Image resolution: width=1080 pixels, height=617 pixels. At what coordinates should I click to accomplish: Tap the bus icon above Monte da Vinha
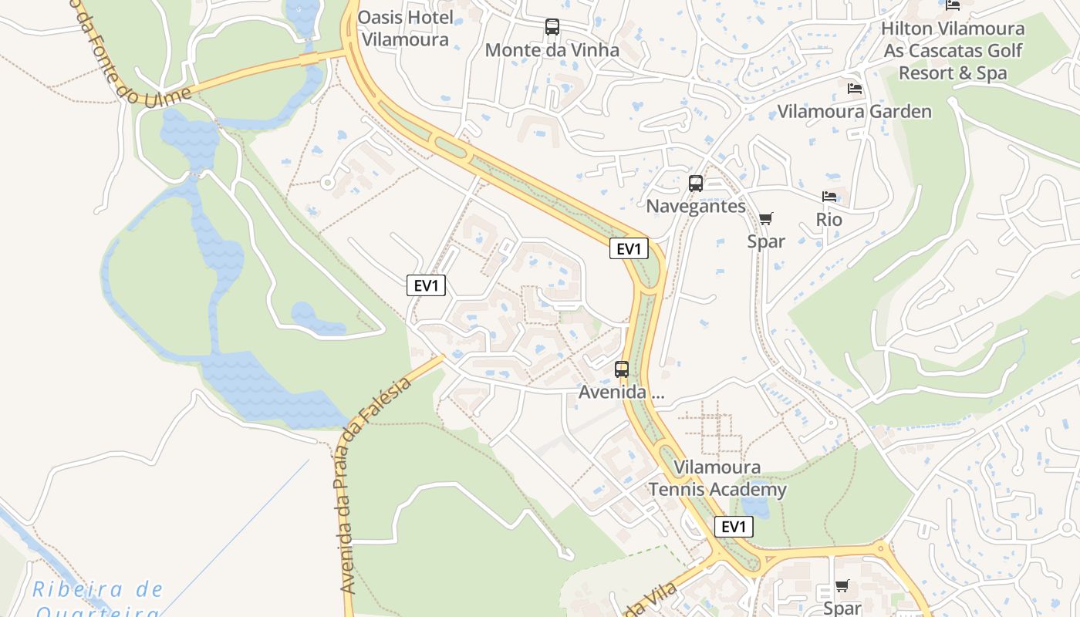[x=552, y=27]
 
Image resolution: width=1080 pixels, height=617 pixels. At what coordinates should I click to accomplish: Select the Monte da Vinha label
[x=552, y=50]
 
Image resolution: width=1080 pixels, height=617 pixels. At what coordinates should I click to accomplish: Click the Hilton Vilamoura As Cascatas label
[x=953, y=51]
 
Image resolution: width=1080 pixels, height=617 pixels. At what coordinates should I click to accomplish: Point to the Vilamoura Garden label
[x=854, y=111]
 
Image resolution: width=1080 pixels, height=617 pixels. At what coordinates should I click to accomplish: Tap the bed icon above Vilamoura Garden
[x=854, y=89]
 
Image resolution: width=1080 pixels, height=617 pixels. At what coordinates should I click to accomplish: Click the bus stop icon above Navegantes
[x=696, y=184]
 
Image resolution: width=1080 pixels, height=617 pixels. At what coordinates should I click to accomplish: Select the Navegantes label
[x=696, y=207]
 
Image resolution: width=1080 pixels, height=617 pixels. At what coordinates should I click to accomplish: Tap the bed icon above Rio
[x=829, y=197]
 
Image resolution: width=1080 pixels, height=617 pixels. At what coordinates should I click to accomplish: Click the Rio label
[x=829, y=220]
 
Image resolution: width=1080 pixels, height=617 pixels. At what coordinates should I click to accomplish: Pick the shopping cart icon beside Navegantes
[x=765, y=219]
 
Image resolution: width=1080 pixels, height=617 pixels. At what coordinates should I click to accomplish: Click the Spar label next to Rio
[x=766, y=241]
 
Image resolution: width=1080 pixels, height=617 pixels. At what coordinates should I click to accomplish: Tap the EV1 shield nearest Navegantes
[x=629, y=248]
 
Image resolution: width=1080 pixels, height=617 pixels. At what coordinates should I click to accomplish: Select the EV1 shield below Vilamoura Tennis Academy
[x=734, y=527]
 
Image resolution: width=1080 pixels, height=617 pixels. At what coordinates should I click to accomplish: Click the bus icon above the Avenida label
[x=622, y=369]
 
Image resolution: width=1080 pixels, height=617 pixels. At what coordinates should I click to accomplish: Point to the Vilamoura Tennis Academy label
[x=717, y=478]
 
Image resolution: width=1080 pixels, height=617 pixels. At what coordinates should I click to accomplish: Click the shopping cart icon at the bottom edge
[x=842, y=586]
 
